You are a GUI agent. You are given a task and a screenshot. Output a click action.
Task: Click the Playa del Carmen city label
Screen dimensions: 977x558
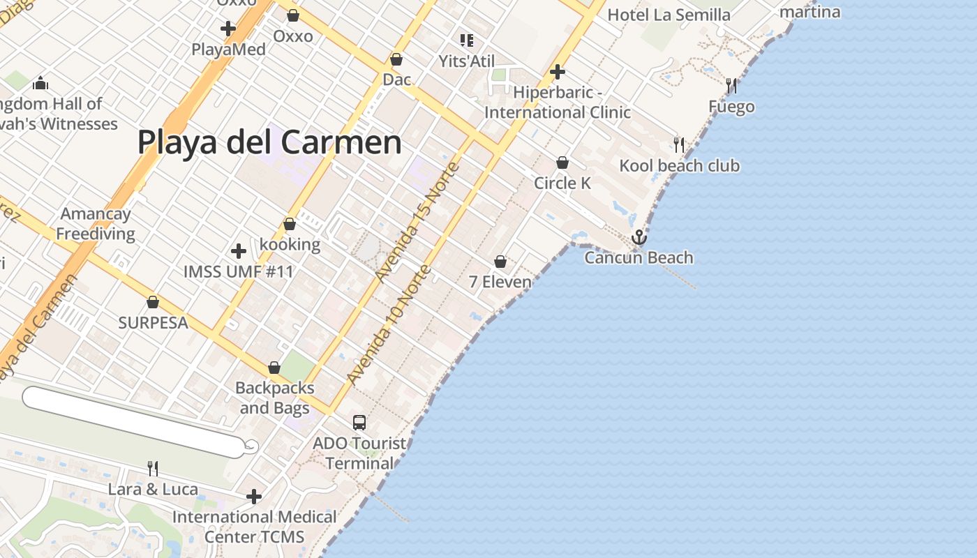point(269,142)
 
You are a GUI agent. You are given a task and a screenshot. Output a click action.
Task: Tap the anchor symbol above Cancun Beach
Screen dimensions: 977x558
point(639,238)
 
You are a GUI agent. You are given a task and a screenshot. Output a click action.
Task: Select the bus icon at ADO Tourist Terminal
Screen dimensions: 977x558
point(359,422)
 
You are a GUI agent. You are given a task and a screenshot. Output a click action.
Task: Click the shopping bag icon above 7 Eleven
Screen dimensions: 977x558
point(500,262)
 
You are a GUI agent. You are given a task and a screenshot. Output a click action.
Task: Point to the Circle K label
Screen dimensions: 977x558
point(562,183)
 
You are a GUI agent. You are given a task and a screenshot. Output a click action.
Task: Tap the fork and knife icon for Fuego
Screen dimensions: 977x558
point(731,86)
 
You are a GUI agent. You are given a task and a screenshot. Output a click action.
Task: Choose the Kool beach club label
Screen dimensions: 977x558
point(680,165)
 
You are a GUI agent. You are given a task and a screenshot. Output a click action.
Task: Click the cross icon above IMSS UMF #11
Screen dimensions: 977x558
point(239,251)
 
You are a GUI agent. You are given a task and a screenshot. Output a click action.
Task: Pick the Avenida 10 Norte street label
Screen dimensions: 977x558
point(388,325)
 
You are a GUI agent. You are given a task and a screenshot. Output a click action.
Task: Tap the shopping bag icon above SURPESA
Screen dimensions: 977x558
point(153,302)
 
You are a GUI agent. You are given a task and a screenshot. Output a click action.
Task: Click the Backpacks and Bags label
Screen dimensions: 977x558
point(274,398)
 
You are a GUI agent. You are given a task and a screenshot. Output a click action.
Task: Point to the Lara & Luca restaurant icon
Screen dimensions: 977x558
point(153,468)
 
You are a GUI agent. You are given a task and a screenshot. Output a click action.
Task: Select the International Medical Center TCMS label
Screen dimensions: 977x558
point(254,527)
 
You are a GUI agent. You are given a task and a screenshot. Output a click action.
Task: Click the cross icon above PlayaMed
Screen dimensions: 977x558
point(228,29)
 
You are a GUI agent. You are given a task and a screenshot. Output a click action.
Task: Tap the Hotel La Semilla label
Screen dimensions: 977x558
point(669,15)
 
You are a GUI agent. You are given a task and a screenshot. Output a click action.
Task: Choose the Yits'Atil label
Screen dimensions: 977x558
point(467,61)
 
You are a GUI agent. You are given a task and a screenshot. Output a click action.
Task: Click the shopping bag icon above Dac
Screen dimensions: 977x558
point(396,59)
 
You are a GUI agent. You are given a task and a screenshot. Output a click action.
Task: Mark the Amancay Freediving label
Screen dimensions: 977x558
point(96,223)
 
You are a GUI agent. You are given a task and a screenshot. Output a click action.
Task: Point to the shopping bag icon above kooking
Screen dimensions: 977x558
point(290,224)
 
